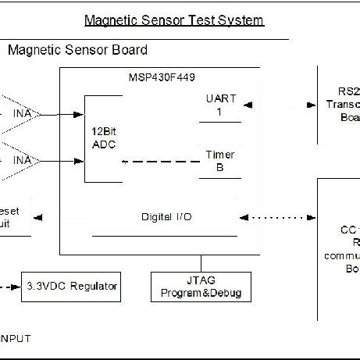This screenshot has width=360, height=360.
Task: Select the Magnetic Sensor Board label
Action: point(77,51)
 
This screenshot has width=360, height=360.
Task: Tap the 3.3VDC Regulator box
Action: point(71,287)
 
